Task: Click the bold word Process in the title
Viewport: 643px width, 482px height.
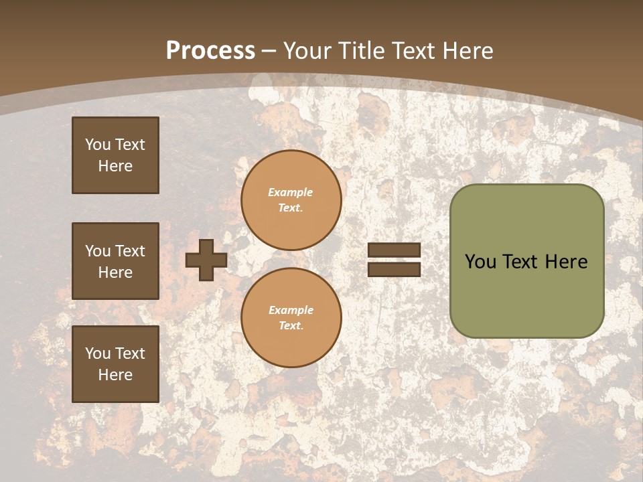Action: (x=210, y=51)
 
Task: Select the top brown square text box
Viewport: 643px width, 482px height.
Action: (x=115, y=155)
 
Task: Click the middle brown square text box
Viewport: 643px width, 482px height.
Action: (x=115, y=261)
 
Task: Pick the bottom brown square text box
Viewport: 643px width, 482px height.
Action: (x=115, y=364)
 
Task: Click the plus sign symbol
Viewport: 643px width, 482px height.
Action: (x=206, y=260)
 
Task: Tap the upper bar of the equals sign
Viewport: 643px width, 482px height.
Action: (x=394, y=250)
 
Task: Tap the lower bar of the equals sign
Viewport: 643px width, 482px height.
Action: (x=394, y=269)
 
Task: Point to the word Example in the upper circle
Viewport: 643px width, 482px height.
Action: (x=291, y=192)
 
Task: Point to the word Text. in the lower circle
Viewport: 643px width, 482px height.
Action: (x=291, y=325)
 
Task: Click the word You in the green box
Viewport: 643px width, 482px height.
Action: (x=480, y=262)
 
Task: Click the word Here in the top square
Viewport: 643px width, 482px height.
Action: (x=115, y=166)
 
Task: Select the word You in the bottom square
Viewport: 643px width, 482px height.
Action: (x=98, y=353)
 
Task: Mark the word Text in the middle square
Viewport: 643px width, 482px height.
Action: (x=131, y=251)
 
